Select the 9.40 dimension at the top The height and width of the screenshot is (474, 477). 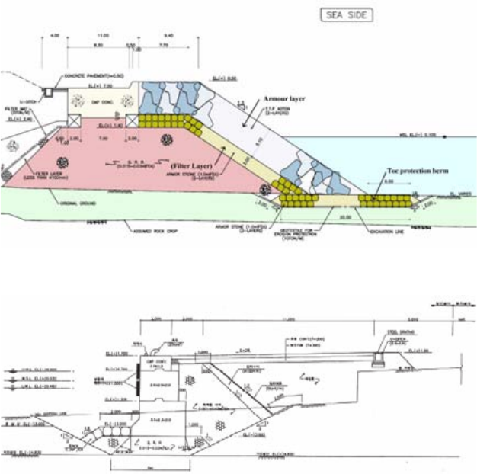170,36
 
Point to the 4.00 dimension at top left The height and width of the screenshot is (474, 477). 54,36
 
